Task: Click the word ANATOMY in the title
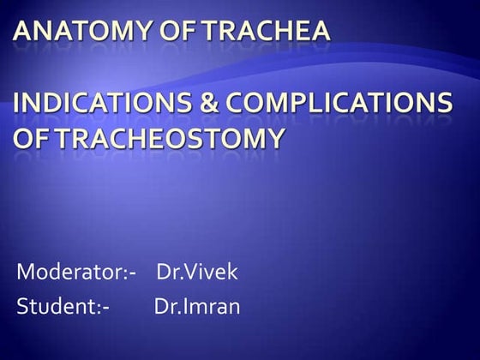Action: click(x=82, y=31)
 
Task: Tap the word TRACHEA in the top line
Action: click(x=267, y=31)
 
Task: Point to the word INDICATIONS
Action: click(x=102, y=102)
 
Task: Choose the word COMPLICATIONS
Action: click(x=339, y=102)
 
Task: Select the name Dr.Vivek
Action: click(x=197, y=272)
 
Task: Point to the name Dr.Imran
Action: click(x=197, y=306)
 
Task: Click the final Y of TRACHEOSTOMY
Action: click(x=273, y=138)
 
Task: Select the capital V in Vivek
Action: click(x=190, y=271)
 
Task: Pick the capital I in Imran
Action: click(x=184, y=305)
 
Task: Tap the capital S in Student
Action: click(x=22, y=306)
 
